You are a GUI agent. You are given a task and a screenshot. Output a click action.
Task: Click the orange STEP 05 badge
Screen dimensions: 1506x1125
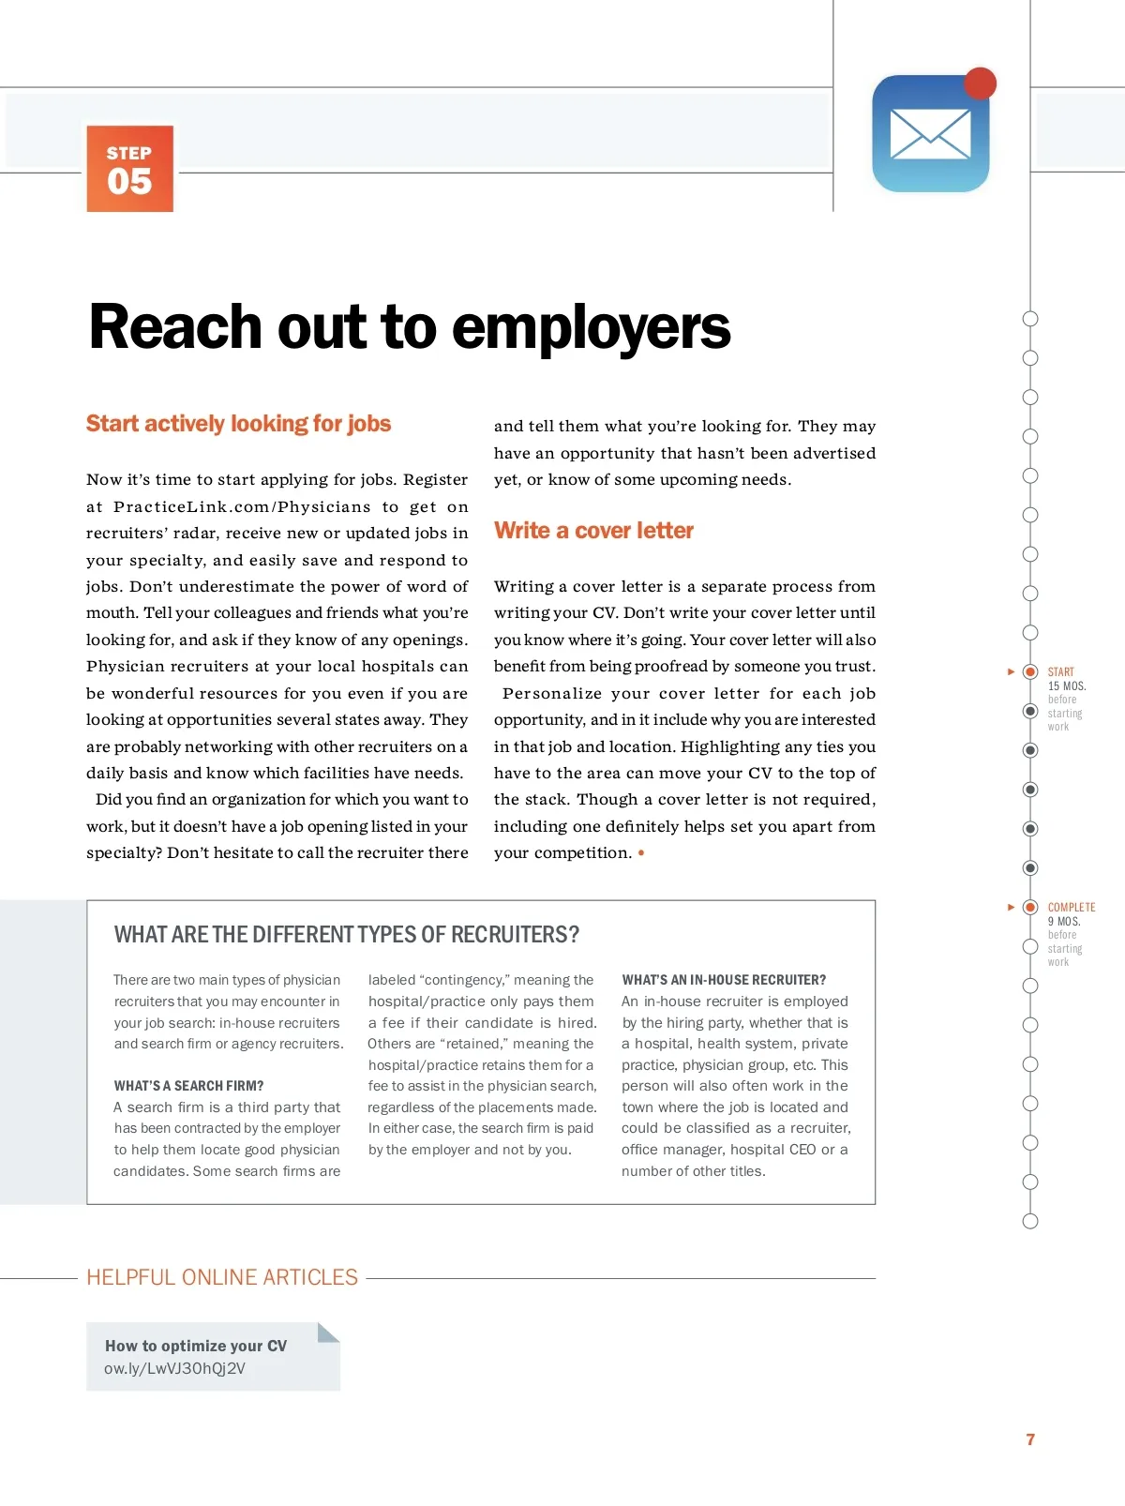pos(129,169)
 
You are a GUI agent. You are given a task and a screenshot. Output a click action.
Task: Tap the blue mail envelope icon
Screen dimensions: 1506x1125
pos(930,134)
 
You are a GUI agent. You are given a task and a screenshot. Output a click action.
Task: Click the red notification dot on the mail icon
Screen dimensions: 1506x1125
pos(980,83)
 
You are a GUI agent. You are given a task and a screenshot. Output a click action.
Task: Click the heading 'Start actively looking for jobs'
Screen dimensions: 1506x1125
pos(238,424)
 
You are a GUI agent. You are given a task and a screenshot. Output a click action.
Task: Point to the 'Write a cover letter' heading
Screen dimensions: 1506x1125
pos(593,531)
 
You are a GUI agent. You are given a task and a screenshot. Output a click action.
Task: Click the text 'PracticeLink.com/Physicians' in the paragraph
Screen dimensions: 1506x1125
pos(242,506)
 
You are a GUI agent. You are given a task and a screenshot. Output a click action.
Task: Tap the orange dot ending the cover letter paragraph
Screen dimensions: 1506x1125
pos(641,853)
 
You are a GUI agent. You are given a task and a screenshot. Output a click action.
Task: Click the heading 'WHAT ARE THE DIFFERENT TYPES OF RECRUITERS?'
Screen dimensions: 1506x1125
pos(346,935)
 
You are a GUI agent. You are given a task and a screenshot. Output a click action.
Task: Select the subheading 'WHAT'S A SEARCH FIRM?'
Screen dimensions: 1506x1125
pos(188,1086)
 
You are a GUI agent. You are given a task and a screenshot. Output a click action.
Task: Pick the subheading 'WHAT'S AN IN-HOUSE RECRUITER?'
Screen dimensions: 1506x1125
pos(724,980)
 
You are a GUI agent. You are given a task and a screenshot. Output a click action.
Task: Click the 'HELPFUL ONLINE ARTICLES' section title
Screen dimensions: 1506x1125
pos(222,1277)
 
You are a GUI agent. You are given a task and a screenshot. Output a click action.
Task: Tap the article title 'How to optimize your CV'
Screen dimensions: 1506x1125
pos(196,1346)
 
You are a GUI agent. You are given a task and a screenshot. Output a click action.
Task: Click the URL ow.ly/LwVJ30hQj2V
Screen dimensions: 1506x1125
pos(174,1368)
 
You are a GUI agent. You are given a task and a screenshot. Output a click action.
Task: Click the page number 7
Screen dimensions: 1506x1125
pos(1030,1439)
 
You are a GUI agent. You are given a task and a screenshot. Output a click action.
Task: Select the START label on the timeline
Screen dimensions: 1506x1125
pos(1060,671)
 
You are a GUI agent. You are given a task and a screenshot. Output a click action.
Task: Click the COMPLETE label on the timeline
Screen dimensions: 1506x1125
pos(1071,907)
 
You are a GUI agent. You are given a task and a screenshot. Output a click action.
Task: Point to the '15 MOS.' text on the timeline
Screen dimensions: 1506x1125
pos(1066,686)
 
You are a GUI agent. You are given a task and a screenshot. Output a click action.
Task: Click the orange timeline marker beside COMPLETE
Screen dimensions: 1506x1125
pos(1030,907)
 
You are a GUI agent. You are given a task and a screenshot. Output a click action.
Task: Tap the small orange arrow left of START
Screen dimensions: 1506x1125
pos(1011,671)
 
